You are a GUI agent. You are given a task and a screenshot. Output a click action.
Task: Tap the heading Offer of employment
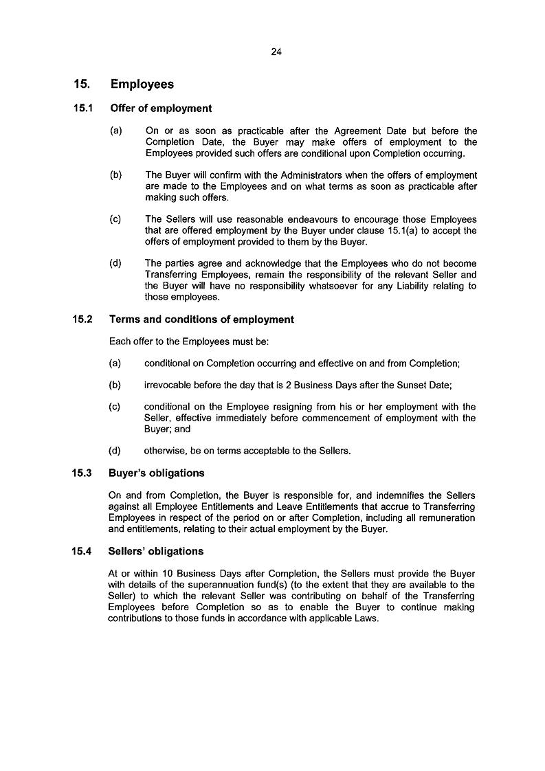[x=161, y=109]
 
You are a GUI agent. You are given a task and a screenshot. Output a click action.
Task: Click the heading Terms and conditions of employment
[x=201, y=320]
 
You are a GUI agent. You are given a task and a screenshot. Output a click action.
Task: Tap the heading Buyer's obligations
[x=157, y=473]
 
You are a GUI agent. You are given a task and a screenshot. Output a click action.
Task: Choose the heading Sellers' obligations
[x=156, y=551]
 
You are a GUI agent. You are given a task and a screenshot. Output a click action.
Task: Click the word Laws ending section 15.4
[x=365, y=617]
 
